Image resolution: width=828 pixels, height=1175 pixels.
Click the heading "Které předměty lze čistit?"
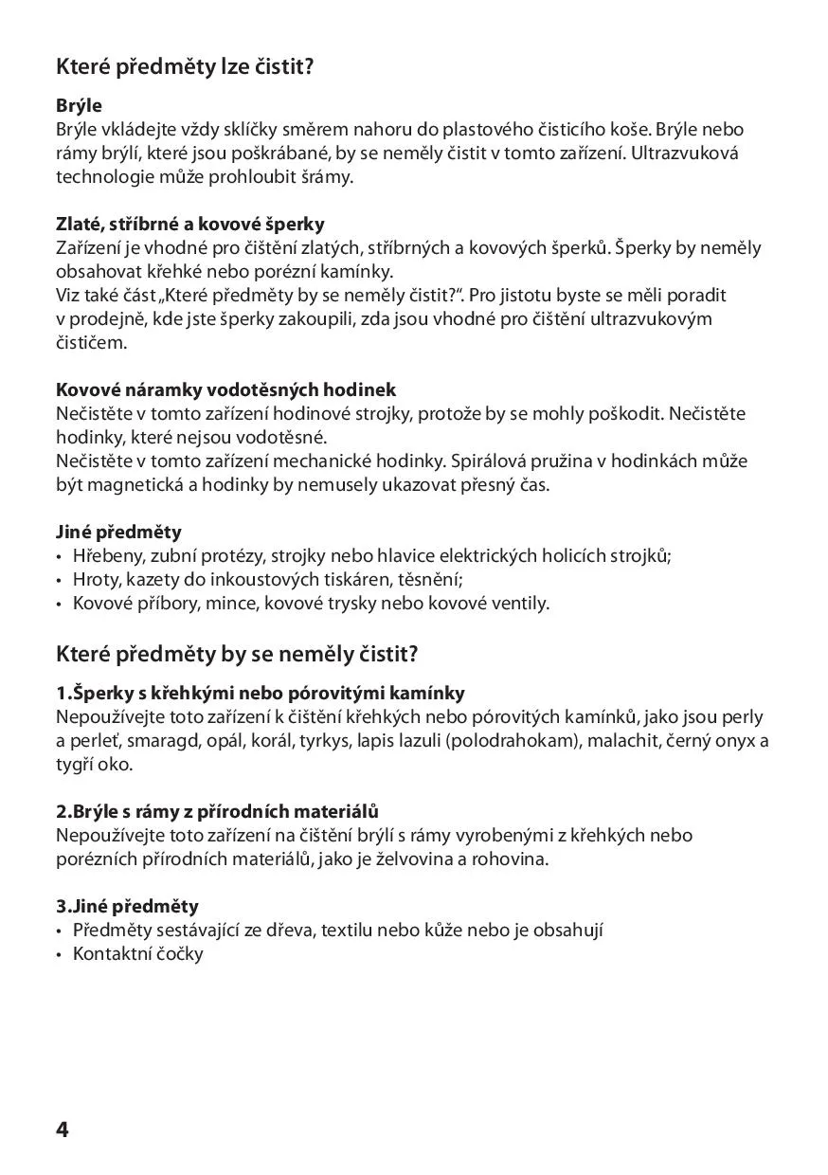tap(185, 67)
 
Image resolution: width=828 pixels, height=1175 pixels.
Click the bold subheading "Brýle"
tap(79, 105)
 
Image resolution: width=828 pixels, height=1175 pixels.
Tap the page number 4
tap(63, 1130)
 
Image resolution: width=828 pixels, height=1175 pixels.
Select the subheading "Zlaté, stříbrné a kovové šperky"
tap(190, 225)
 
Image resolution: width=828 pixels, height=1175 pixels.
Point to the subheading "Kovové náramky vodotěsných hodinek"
tap(225, 389)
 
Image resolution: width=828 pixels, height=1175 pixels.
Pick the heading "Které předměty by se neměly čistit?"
tap(237, 654)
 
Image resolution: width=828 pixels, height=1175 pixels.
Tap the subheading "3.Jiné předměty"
tap(127, 906)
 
